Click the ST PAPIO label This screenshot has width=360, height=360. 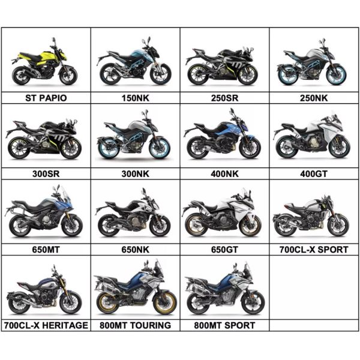coord(46,97)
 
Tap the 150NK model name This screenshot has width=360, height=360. coord(135,97)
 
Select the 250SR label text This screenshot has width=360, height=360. coord(224,97)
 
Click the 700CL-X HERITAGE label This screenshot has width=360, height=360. coord(46,325)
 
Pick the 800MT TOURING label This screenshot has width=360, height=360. coord(135,325)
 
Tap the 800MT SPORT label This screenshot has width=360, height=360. coord(224,325)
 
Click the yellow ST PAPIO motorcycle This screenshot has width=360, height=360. coord(44,65)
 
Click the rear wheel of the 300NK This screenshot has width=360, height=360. coord(107,149)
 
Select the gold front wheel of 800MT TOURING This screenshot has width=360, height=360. coord(165,303)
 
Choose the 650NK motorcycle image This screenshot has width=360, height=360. coord(134,217)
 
